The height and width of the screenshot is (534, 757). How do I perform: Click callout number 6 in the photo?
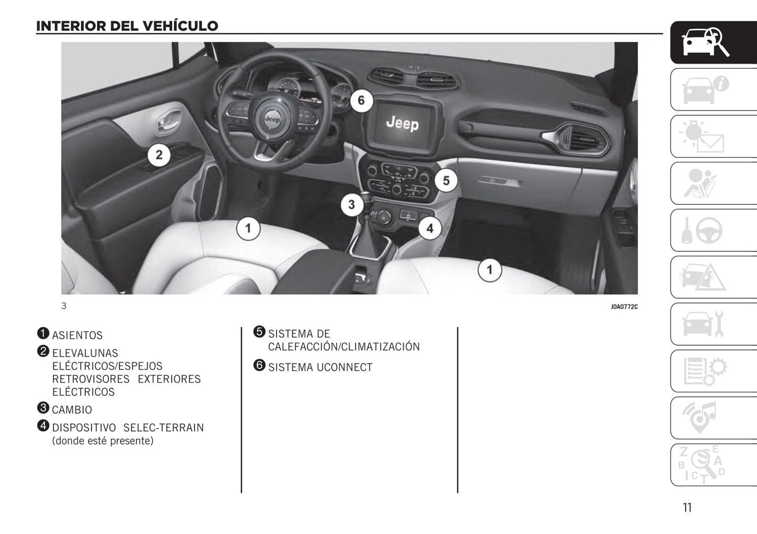[361, 100]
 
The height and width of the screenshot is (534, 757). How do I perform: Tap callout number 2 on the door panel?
[159, 155]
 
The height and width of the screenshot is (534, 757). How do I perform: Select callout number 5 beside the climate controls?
[446, 181]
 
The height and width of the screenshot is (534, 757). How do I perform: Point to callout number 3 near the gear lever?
[352, 204]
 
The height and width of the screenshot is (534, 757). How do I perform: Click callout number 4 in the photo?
[430, 228]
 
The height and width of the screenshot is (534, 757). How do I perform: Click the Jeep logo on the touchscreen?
[402, 123]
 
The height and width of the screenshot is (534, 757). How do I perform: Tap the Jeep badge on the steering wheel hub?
[272, 119]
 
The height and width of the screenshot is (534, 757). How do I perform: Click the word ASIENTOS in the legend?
[77, 335]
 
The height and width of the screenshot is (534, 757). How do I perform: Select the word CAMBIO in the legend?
[72, 410]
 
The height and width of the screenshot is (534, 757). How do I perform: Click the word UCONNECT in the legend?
[344, 367]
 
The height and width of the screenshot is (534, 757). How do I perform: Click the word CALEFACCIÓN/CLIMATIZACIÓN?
[344, 347]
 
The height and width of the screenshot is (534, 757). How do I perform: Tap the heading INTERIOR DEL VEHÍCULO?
[127, 26]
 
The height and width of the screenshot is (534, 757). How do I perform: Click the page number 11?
[687, 507]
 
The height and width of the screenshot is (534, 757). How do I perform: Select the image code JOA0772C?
[624, 307]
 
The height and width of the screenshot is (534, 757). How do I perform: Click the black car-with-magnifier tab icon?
[705, 42]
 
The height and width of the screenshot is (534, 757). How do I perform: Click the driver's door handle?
[167, 124]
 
